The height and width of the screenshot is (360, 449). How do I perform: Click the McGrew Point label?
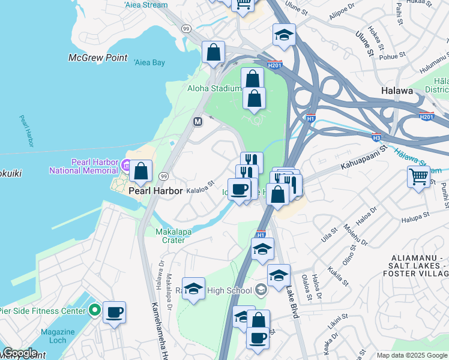pyautogui.click(x=98, y=58)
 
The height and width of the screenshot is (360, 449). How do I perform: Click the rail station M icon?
pyautogui.click(x=197, y=121)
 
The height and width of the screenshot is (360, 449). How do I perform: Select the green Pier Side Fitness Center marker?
pyautogui.click(x=94, y=311)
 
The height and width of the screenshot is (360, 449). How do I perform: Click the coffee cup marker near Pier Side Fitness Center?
pyautogui.click(x=114, y=313)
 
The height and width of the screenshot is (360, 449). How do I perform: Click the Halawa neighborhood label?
pyautogui.click(x=397, y=91)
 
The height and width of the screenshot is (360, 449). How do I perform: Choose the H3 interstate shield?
pyautogui.click(x=376, y=137)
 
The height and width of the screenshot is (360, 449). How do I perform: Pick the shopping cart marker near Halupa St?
pyautogui.click(x=418, y=176)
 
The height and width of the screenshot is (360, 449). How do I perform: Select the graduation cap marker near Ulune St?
pyautogui.click(x=284, y=35)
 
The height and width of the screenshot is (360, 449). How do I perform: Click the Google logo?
pyautogui.click(x=20, y=353)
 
